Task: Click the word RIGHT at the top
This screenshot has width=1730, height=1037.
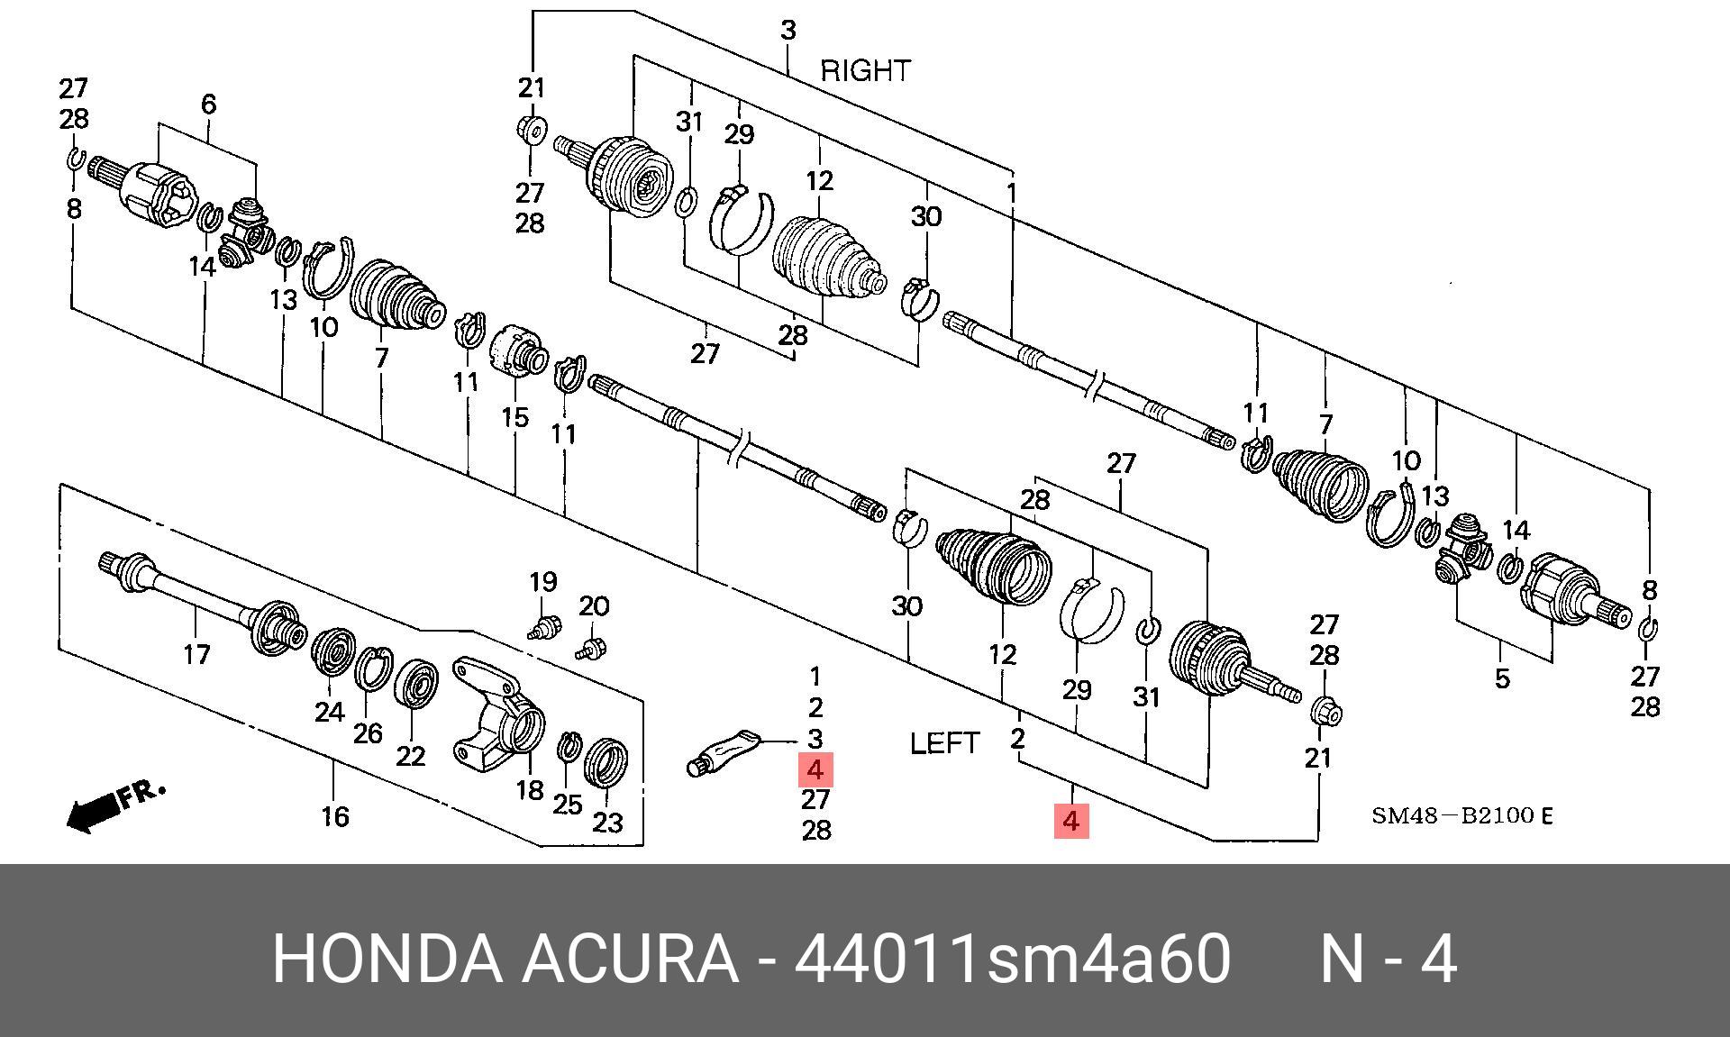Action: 865,70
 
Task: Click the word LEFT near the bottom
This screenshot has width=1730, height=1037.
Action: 944,743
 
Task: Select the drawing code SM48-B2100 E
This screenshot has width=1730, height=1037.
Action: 1461,816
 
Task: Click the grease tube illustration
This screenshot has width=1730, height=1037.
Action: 726,752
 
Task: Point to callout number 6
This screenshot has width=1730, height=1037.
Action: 208,105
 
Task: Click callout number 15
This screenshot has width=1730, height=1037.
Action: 514,417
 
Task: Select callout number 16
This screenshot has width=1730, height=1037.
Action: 334,816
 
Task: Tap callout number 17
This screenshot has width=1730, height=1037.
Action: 196,654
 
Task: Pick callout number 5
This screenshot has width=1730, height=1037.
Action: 1501,678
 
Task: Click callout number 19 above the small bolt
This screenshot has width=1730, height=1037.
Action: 542,582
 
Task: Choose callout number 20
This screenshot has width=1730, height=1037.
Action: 594,606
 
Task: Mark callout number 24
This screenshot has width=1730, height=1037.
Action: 329,712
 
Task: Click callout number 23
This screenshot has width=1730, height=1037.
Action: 607,822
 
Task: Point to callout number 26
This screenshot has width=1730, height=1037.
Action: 368,733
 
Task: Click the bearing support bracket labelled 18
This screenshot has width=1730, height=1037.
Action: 500,712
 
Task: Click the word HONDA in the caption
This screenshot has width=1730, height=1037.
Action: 387,959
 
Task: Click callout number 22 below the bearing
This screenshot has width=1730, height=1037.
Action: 411,755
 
